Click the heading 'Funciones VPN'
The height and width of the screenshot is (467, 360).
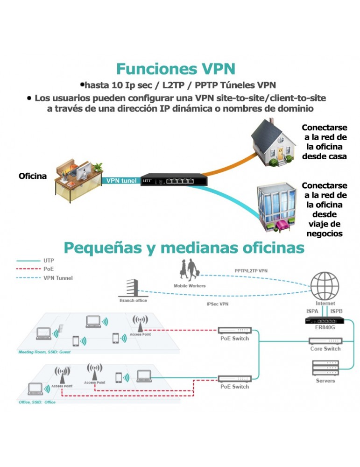click(x=175, y=69)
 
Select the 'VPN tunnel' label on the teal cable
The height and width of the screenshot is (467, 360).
click(x=121, y=180)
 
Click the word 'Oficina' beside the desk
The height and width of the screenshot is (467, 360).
click(x=33, y=176)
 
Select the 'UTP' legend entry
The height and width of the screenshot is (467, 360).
click(x=49, y=260)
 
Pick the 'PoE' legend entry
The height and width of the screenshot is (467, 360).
click(x=49, y=269)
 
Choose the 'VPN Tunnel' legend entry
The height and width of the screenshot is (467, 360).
click(x=58, y=278)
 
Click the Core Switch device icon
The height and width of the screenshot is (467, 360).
click(x=325, y=340)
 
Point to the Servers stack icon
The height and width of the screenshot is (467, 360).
click(x=325, y=368)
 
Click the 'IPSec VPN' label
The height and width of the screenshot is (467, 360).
click(x=218, y=304)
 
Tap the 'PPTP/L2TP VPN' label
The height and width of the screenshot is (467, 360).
click(x=251, y=271)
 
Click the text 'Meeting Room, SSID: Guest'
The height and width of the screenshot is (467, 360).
click(x=44, y=352)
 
